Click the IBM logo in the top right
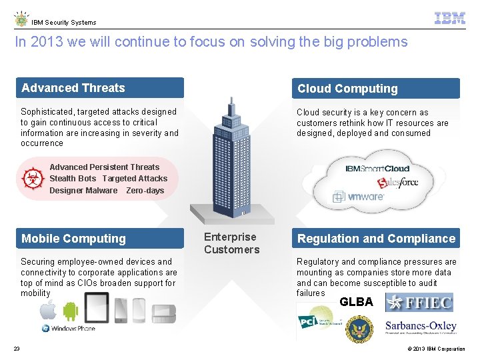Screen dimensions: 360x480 pos(449,19)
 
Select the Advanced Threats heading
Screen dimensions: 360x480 pos(73,88)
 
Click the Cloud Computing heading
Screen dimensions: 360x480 pos(347,89)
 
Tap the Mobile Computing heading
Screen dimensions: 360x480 pos(73,239)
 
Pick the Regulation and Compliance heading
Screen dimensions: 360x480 pos(376,239)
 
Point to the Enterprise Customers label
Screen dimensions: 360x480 pos(231,243)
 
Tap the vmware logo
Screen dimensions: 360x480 pos(359,197)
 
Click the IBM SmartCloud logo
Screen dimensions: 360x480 pos(377,169)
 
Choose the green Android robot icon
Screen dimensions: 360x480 pos(70,311)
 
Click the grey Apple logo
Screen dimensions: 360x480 pos(48,310)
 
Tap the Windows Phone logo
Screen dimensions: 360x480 pos(69,328)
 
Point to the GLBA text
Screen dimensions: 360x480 pos(356,302)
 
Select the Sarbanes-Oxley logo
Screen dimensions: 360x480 pos(421,327)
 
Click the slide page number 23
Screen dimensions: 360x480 pos(17,349)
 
